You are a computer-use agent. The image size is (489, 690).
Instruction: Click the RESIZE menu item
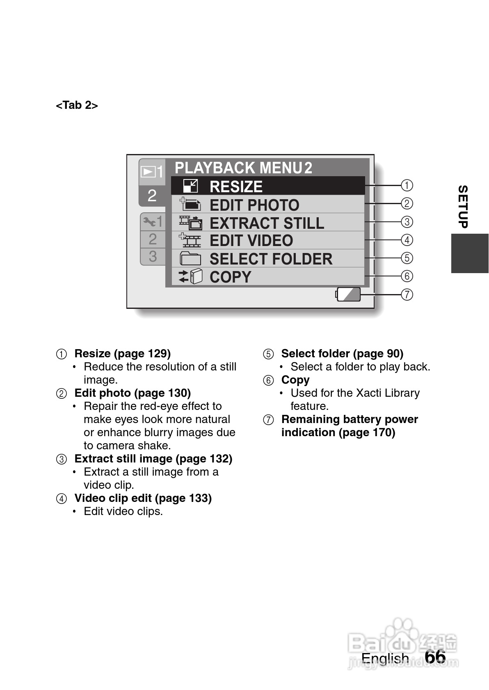point(236,186)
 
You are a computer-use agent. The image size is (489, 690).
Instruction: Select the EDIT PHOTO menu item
point(254,205)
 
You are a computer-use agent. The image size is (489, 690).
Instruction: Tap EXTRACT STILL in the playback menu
point(267,223)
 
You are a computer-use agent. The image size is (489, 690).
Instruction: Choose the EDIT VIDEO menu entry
point(251,241)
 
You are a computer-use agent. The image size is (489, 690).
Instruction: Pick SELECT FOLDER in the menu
point(271,259)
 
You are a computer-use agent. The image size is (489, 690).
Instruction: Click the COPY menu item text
point(230,277)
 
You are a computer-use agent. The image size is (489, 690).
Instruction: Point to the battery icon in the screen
point(348,294)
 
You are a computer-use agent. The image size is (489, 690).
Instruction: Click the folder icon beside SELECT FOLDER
point(190,259)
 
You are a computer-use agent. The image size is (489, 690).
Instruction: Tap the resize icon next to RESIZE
point(190,186)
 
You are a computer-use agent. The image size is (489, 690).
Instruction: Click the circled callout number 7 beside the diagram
point(407,294)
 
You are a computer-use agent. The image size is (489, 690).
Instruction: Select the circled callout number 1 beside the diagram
point(407,185)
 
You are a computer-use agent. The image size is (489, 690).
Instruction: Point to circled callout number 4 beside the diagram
point(407,240)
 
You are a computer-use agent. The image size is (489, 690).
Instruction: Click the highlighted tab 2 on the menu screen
point(152,196)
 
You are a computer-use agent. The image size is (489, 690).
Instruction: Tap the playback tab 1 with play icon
point(152,172)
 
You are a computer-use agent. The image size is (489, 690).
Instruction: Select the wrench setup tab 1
point(153,222)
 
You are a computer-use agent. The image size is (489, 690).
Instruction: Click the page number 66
point(435,657)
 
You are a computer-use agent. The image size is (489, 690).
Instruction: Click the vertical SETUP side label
point(463,207)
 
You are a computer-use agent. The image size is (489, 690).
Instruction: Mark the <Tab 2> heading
point(77,105)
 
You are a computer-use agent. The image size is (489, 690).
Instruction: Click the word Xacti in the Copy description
point(368,393)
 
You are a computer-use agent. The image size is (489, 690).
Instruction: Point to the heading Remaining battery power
point(350,419)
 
